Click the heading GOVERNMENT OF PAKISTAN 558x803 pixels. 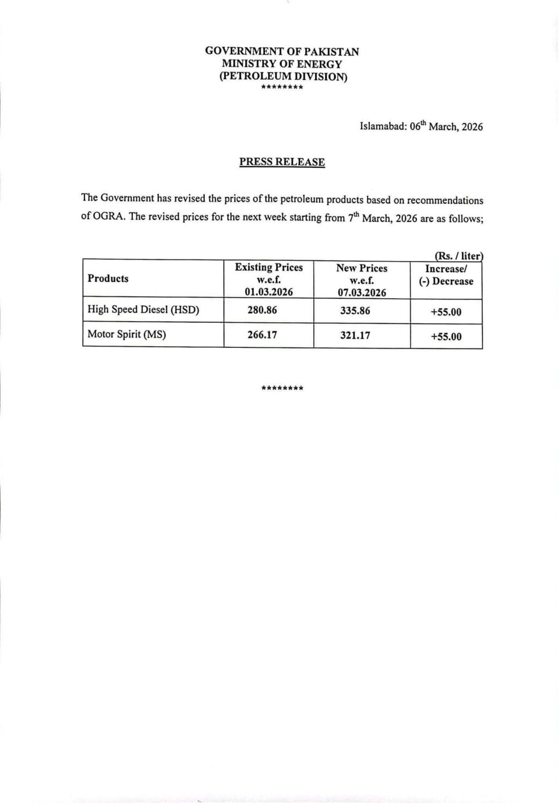pos(282,52)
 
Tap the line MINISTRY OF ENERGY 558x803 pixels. pos(282,64)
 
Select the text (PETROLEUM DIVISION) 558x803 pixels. pos(283,76)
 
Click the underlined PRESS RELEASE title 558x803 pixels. pos(282,162)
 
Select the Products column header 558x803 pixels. pos(108,279)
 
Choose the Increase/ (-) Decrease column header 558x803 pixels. pos(446,275)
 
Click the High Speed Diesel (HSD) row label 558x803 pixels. pos(143,310)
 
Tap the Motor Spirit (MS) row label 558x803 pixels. pos(126,334)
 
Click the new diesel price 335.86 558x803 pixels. pos(355,311)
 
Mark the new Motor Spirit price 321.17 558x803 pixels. pos(355,335)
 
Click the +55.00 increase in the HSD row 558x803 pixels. pos(446,312)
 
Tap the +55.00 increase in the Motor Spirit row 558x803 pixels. pos(446,337)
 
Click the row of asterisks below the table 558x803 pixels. pos(282,389)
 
